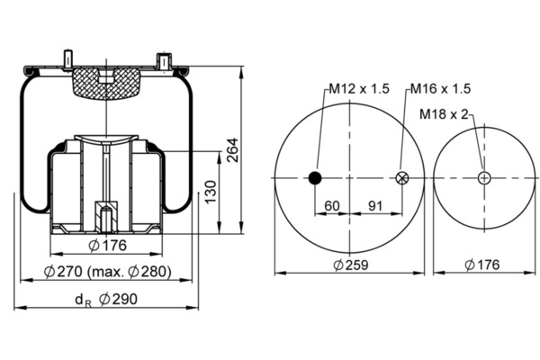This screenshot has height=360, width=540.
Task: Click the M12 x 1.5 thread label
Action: pyautogui.click(x=359, y=89)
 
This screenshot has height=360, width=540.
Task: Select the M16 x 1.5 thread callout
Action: pyautogui.click(x=440, y=89)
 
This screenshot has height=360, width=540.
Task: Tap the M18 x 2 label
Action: pyautogui.click(x=444, y=114)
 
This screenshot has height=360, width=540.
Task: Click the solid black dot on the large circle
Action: pyautogui.click(x=315, y=178)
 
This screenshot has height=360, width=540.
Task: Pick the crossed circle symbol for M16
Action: pyautogui.click(x=401, y=178)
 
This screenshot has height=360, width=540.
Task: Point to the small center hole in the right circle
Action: pyautogui.click(x=484, y=178)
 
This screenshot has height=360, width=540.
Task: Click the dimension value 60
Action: pyautogui.click(x=332, y=206)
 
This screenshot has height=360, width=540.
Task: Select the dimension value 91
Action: pyautogui.click(x=375, y=206)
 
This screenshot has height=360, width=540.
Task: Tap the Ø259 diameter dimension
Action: pyautogui.click(x=351, y=265)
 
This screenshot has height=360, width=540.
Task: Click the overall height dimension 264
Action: pyautogui.click(x=233, y=150)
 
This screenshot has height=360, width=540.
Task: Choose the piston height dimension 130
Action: pyautogui.click(x=211, y=192)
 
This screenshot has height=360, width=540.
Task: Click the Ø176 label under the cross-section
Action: pyautogui.click(x=108, y=246)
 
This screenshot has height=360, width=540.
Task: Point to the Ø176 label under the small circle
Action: pyautogui.click(x=481, y=265)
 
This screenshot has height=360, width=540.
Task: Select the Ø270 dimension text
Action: pyautogui.click(x=63, y=272)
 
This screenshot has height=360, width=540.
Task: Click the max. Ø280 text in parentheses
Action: pyautogui.click(x=130, y=272)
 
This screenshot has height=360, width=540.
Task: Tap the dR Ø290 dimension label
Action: pyautogui.click(x=106, y=300)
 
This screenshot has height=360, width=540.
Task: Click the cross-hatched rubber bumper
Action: pyautogui.click(x=106, y=83)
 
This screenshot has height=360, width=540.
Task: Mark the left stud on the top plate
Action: pyautogui.click(x=67, y=60)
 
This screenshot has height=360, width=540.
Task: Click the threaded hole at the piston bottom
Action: pyautogui.click(x=106, y=219)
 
